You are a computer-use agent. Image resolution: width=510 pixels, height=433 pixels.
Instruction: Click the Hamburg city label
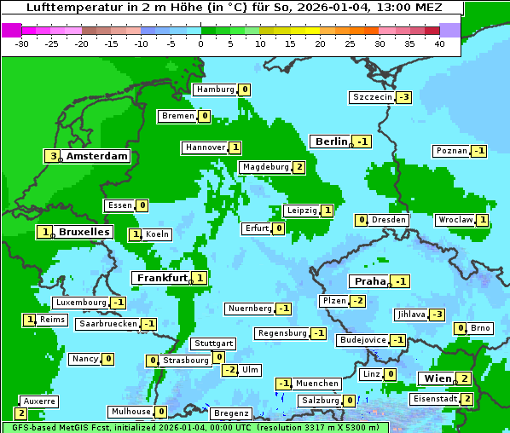coord(215,89)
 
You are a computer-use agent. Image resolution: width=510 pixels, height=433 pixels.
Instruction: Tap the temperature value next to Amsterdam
coord(53,156)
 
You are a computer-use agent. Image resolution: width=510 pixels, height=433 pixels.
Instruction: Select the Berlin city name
coord(331,141)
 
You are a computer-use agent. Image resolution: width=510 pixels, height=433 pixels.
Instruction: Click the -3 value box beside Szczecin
coord(403,97)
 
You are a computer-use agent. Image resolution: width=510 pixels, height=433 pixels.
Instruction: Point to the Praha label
coord(370,281)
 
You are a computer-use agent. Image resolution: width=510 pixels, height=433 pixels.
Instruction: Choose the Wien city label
coord(436,378)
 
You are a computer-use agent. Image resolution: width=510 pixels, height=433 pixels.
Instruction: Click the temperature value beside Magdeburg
coord(298,167)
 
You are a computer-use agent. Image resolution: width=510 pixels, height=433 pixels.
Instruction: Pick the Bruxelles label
coord(84,232)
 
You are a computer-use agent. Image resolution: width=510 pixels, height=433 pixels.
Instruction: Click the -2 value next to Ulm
coord(229,370)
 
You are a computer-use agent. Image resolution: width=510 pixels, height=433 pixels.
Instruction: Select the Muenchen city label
coord(317,384)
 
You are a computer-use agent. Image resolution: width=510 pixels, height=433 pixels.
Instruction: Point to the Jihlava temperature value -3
coord(438,315)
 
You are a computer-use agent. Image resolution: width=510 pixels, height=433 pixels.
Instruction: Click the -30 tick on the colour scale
coord(22,43)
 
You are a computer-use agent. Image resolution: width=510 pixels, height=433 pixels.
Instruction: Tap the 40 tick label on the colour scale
coord(439,43)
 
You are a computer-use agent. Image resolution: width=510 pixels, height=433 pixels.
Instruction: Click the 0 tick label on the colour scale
coord(201,43)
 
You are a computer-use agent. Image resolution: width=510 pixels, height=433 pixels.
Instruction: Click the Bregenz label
coord(230,413)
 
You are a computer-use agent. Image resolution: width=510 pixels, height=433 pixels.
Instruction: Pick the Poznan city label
coord(451,151)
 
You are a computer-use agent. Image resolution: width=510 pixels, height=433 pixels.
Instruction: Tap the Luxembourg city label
coord(80,303)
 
